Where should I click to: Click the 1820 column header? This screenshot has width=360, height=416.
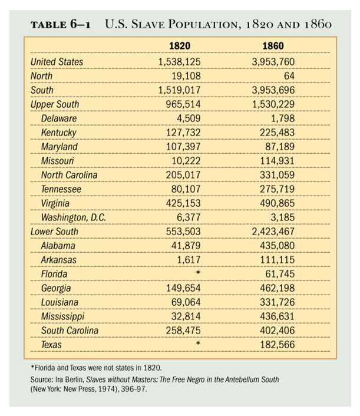(x=180, y=46)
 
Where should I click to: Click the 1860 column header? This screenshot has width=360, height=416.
(x=273, y=46)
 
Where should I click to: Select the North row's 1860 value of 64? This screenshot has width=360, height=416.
(x=289, y=76)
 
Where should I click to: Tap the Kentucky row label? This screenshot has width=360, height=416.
(x=59, y=133)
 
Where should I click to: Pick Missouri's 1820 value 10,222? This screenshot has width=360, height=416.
(x=186, y=161)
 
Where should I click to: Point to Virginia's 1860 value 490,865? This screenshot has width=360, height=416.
(x=278, y=203)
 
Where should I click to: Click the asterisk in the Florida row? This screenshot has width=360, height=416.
(x=197, y=272)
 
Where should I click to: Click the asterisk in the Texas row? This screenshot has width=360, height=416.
(x=197, y=344)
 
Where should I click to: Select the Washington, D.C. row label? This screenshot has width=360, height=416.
(x=74, y=217)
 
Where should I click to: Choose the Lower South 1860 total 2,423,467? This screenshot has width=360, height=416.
(x=273, y=232)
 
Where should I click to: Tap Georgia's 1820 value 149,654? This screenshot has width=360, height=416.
(x=183, y=288)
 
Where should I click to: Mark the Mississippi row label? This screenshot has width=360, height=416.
(x=62, y=316)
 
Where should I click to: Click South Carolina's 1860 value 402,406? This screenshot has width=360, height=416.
(x=278, y=331)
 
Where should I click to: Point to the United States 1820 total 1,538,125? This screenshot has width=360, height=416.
(x=180, y=62)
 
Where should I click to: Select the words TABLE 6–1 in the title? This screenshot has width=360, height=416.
(x=61, y=24)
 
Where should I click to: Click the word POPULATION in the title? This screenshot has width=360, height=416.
(x=203, y=24)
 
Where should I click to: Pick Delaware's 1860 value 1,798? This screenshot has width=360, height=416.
(x=283, y=118)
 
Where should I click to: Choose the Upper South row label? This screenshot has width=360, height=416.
(x=55, y=104)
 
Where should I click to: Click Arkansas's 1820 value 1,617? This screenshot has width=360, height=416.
(x=189, y=260)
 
